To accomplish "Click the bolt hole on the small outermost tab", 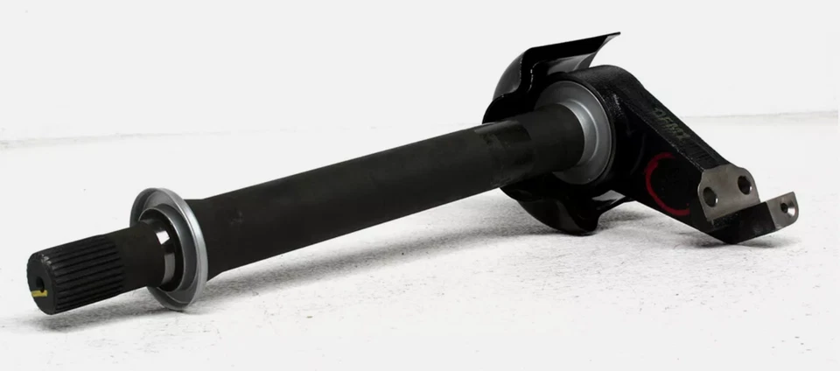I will pos(786,208).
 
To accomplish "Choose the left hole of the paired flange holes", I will pos(710,198).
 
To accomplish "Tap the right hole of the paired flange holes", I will pos(744,185).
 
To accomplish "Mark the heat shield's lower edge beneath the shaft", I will pos(560,223).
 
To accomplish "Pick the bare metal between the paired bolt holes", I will pos(727,191).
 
